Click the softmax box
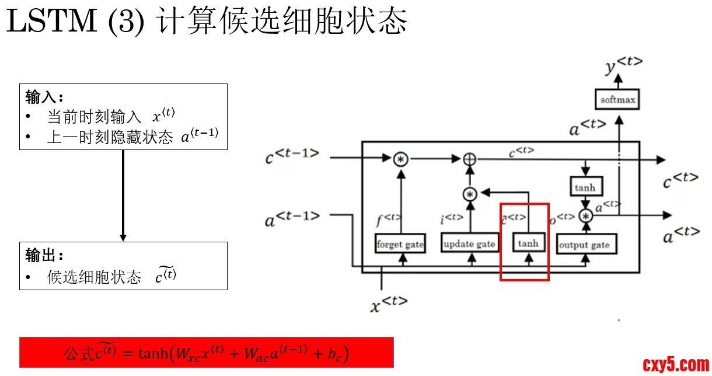(618, 100)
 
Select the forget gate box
(400, 243)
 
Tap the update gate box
(469, 243)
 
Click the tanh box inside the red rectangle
(528, 243)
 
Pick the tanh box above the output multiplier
(585, 187)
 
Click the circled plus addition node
(469, 159)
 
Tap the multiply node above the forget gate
(400, 159)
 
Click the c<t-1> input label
(292, 156)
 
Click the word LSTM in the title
(51, 22)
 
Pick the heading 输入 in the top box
(44, 96)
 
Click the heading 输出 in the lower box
(44, 255)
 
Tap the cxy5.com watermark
(676, 365)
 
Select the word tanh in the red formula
(152, 353)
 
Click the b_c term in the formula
(335, 354)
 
